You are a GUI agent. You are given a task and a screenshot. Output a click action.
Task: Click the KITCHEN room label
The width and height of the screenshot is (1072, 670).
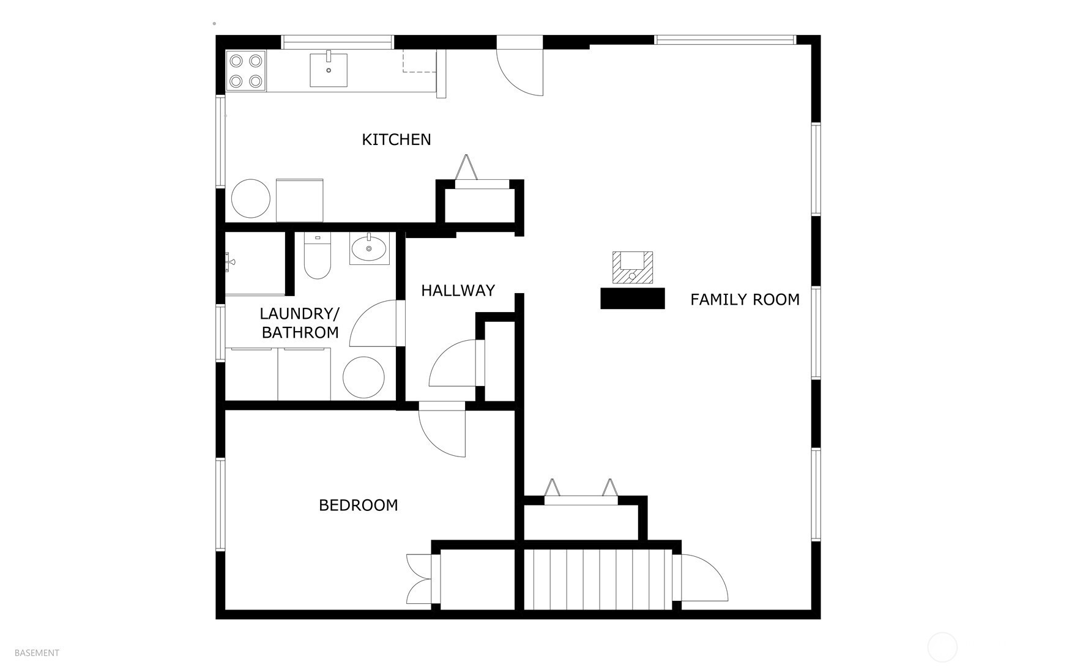[x=396, y=140]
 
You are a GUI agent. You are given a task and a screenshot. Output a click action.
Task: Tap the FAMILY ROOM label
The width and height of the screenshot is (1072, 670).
[x=745, y=299]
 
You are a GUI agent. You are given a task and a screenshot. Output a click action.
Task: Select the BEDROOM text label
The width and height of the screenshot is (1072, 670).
[x=359, y=505]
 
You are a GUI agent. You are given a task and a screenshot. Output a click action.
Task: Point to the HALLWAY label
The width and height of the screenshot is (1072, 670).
[x=458, y=290]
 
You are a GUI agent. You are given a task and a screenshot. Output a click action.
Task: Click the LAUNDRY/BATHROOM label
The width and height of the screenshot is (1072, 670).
[x=300, y=323]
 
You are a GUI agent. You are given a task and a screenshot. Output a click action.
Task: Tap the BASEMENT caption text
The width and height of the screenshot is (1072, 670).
[x=37, y=653]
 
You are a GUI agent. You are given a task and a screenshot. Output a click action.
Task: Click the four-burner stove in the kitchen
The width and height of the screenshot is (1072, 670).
[x=246, y=71]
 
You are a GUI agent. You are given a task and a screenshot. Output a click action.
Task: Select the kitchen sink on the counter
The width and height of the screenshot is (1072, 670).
[x=329, y=70]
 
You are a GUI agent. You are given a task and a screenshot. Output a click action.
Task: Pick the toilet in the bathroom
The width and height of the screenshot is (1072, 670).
[x=317, y=256]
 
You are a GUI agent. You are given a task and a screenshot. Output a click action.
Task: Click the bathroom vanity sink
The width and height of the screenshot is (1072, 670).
[x=369, y=248]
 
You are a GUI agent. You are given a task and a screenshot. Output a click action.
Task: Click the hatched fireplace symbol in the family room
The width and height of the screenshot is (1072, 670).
[x=633, y=268]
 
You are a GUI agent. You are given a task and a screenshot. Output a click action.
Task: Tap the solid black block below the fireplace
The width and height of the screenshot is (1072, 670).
[x=633, y=299]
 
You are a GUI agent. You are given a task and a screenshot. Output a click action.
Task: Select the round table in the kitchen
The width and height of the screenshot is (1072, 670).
[x=251, y=198]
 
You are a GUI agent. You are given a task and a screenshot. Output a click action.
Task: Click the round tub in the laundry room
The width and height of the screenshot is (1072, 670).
[x=363, y=378]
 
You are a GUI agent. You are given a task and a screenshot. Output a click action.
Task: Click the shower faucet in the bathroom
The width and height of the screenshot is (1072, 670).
[x=229, y=262]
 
